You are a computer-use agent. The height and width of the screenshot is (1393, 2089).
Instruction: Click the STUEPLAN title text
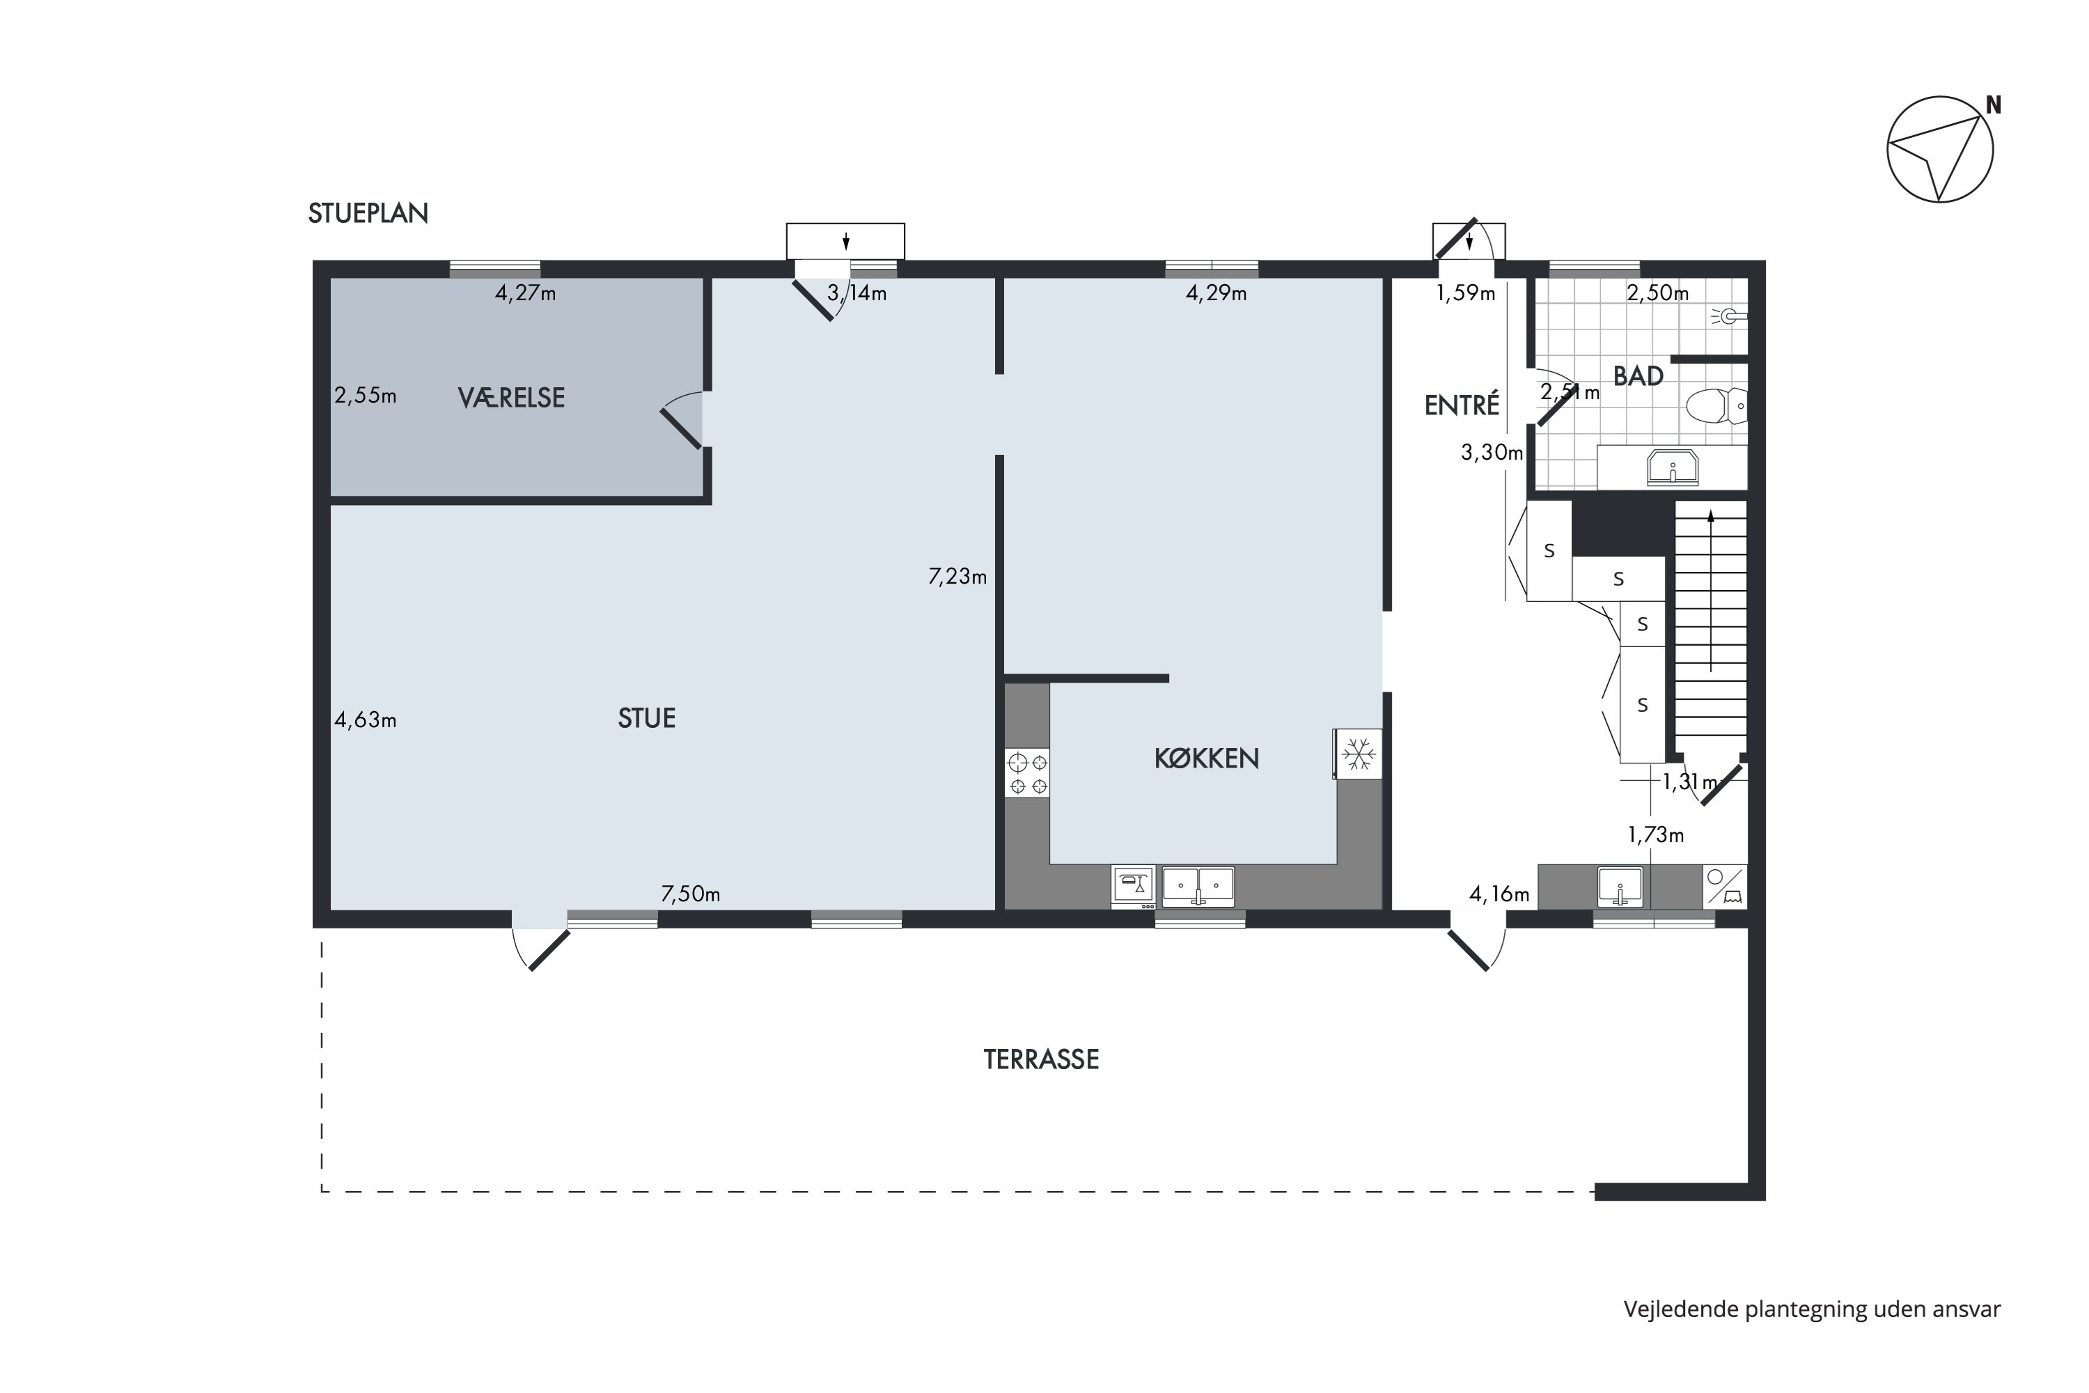coord(368,213)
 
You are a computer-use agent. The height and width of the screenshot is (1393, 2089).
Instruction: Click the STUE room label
coord(647,718)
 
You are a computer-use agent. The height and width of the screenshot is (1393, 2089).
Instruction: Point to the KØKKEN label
coord(1206,758)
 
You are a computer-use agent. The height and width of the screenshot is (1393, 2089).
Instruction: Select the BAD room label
coord(1638,376)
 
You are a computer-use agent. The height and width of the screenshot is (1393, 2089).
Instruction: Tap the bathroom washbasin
coord(1673,467)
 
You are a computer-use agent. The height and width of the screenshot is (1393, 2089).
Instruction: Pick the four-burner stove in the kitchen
coord(1028,773)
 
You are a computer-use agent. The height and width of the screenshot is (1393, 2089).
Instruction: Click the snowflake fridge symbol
coord(1358,754)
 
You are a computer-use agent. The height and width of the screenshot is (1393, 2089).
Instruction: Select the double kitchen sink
coord(1198,886)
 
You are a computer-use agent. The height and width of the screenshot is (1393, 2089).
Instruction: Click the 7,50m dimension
coord(690,894)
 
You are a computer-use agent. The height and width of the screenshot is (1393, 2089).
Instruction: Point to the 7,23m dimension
coord(957,577)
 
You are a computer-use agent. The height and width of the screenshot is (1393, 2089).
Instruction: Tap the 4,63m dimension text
coord(365,719)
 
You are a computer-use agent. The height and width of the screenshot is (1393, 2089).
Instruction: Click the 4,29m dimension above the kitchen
coord(1216,293)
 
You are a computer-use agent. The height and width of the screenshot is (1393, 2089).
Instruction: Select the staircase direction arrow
coord(1711,590)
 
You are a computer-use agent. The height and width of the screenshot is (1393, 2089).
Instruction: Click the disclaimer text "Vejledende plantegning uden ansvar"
coord(1812,1309)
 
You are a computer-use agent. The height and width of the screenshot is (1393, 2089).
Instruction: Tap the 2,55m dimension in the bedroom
coord(365,396)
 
